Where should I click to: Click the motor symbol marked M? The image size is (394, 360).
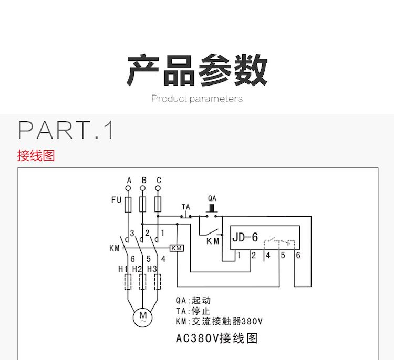pyautogui.click(x=142, y=317)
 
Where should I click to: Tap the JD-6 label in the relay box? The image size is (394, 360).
pyautogui.click(x=245, y=237)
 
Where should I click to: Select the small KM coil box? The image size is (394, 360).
pyautogui.click(x=177, y=248)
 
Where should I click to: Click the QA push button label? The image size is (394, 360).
pyautogui.click(x=212, y=199)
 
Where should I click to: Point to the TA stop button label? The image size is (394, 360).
pyautogui.click(x=185, y=207)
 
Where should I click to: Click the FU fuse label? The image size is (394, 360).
pyautogui.click(x=116, y=200)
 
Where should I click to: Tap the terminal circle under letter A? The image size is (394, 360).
pyautogui.click(x=129, y=188)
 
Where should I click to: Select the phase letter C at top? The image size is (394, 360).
pyautogui.click(x=158, y=180)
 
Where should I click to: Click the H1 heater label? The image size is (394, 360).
pyautogui.click(x=123, y=269)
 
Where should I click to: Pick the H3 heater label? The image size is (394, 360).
pyautogui.click(x=152, y=269)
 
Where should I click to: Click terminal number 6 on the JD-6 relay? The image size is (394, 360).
pyautogui.click(x=298, y=256)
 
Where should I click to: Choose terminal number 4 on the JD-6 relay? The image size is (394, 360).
pyautogui.click(x=268, y=256)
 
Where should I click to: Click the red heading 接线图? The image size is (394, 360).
pyautogui.click(x=36, y=155)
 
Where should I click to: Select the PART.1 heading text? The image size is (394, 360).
pyautogui.click(x=66, y=130)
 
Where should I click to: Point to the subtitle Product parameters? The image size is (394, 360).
pyautogui.click(x=197, y=99)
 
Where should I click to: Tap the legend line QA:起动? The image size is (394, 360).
pyautogui.click(x=193, y=301)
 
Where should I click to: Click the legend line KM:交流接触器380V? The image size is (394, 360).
pyautogui.click(x=219, y=321)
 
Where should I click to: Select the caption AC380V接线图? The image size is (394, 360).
pyautogui.click(x=217, y=338)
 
